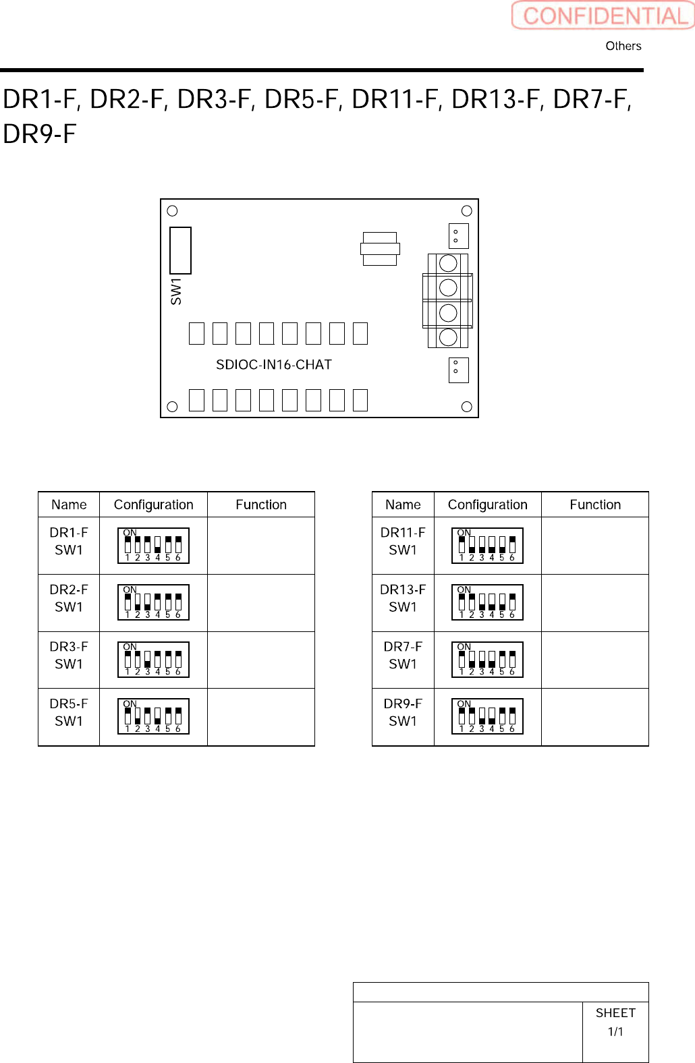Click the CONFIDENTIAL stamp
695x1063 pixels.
coord(603,16)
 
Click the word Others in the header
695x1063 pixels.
coord(623,46)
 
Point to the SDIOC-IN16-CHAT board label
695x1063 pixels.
coord(273,365)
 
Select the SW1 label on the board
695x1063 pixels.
coord(176,291)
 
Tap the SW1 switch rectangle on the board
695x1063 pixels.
coord(180,250)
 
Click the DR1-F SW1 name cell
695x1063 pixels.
coord(69,542)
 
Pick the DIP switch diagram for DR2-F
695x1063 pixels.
coord(153,602)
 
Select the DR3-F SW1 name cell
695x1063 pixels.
coord(69,656)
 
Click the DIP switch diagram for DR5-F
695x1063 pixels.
coord(153,716)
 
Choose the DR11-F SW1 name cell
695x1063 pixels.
coord(403,542)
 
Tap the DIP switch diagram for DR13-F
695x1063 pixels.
coord(487,602)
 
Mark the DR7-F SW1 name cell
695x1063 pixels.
coord(403,656)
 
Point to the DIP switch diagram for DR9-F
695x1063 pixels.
coord(487,716)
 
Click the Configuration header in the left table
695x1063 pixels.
coord(153,505)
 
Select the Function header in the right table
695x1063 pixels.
coord(595,505)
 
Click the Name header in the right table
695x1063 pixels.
coord(403,505)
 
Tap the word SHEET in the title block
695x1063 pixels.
coord(615,1013)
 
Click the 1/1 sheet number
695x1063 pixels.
coord(615,1032)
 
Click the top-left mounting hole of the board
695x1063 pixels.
coord(172,211)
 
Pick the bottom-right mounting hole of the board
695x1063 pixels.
coord(466,407)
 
